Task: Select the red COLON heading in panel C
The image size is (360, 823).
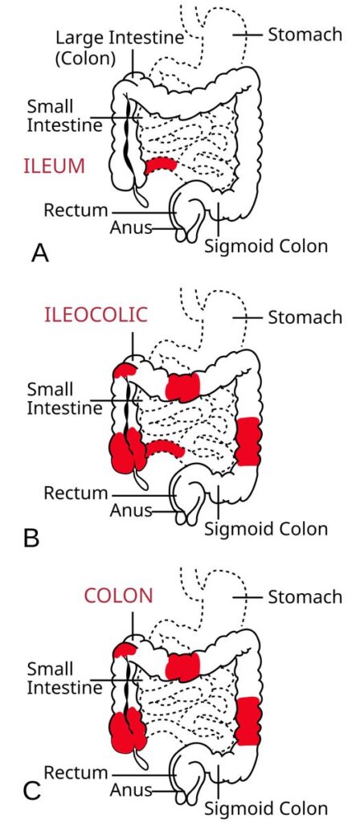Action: [118, 596]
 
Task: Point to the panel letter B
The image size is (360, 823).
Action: [31, 537]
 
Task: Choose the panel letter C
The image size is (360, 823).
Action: [31, 790]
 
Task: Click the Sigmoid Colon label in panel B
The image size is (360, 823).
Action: [266, 529]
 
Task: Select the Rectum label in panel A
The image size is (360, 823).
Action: [76, 211]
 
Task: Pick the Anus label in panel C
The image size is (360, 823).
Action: [129, 790]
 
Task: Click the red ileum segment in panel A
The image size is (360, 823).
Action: [161, 163]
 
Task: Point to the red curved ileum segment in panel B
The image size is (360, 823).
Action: [165, 447]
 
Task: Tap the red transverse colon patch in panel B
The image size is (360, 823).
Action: [182, 386]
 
